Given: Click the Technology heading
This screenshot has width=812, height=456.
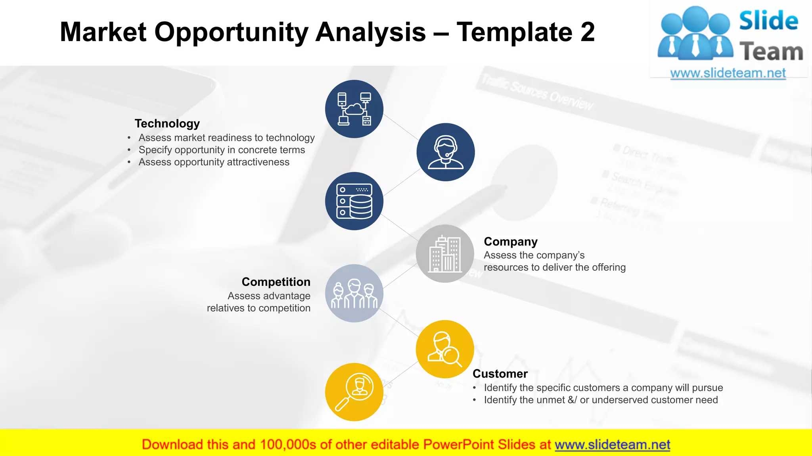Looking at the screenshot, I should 167,123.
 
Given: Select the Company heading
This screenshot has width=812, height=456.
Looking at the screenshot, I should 511,241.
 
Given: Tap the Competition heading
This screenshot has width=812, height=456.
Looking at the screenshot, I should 276,282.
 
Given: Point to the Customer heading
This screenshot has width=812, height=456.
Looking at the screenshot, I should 500,374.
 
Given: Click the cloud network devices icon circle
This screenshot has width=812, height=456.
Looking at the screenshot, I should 354,109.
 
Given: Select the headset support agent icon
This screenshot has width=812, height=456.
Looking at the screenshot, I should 446,152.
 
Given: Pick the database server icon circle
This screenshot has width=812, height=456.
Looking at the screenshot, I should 354,201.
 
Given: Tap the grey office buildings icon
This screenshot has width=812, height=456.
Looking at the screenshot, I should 445,254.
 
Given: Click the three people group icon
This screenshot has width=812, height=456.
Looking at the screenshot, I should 354,293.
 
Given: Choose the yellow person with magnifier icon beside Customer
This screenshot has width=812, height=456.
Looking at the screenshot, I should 445,349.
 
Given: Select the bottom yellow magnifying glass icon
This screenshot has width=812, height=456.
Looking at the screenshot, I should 354,392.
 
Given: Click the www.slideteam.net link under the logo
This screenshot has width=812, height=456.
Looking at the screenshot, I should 728,73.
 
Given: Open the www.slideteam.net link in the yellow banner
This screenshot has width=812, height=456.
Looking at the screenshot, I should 612,445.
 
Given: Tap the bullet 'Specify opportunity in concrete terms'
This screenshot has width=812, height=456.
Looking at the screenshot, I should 222,150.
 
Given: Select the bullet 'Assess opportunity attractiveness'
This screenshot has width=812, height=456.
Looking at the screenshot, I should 214,162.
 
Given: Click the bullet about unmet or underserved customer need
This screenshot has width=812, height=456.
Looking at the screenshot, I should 601,400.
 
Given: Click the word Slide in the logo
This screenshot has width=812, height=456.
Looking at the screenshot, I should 768,21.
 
